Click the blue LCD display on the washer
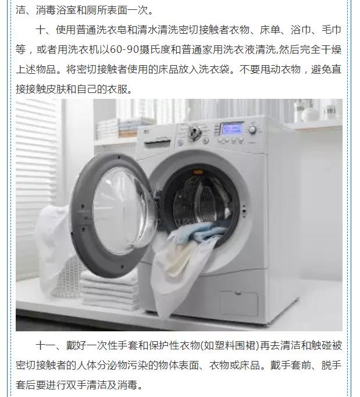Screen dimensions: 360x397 [231, 128]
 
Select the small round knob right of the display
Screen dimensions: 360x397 [252, 130]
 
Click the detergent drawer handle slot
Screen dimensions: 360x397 [158, 144]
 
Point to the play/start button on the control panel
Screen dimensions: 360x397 [205, 140]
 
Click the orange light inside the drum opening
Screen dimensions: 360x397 [198, 173]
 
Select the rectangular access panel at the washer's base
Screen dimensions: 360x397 [238, 303]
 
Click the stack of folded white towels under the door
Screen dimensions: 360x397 [109, 291]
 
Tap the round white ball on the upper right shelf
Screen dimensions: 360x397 [309, 116]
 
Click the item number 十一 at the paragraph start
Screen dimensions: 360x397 [46, 346]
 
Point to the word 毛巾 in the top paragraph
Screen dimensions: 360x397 [332, 30]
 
